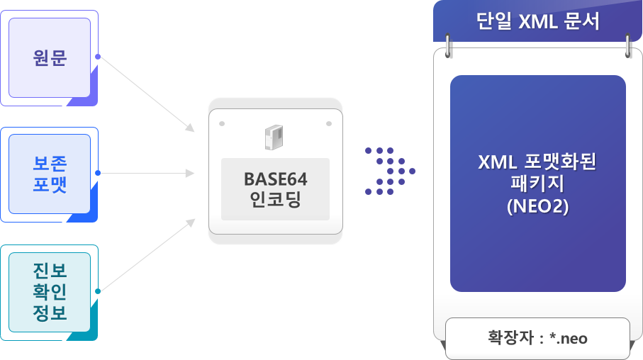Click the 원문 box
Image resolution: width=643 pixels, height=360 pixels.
point(49,58)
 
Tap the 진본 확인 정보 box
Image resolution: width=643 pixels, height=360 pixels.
point(49,291)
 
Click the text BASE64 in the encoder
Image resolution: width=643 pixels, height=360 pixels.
point(276,178)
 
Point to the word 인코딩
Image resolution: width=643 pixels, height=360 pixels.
point(276,201)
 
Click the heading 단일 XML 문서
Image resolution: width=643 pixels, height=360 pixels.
point(538,21)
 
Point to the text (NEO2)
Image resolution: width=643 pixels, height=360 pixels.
point(538,208)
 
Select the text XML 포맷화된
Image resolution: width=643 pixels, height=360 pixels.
point(538,162)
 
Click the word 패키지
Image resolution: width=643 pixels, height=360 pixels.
point(538,185)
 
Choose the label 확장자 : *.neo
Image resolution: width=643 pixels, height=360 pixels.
point(537,338)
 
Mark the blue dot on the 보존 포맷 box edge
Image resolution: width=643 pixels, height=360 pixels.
point(98,173)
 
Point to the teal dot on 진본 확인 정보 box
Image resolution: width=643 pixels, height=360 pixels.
point(98,291)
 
